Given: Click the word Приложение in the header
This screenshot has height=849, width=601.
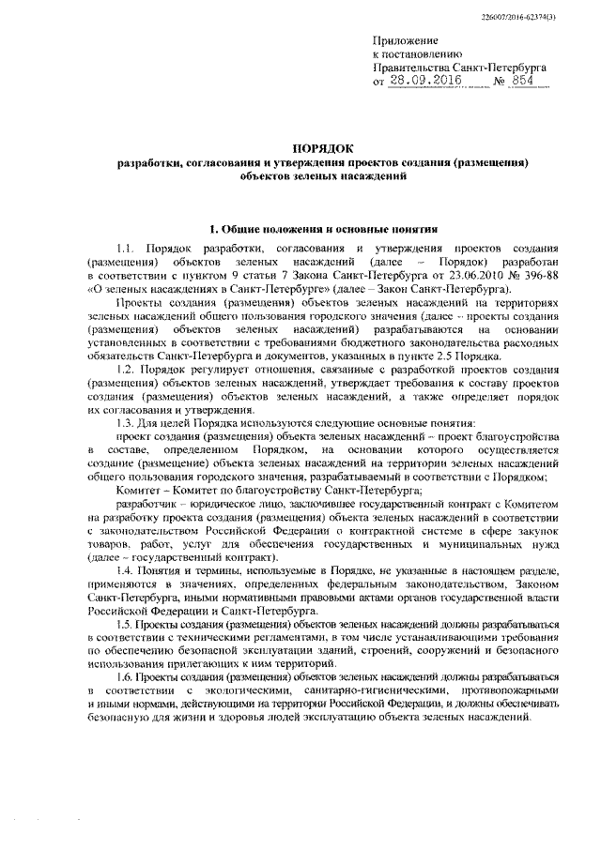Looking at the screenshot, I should tap(406, 43).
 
